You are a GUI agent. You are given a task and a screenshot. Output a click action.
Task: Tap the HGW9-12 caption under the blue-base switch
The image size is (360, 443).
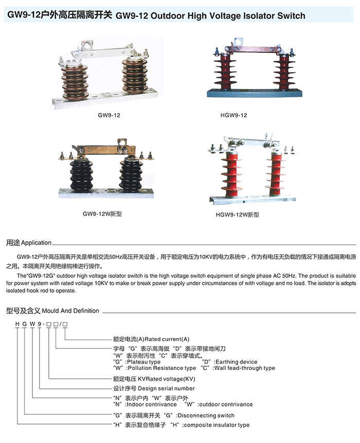click(x=237, y=115)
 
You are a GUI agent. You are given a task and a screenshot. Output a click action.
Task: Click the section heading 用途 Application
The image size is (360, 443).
click(x=29, y=242)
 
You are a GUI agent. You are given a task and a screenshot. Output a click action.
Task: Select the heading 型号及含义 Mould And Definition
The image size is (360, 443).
click(x=52, y=311)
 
